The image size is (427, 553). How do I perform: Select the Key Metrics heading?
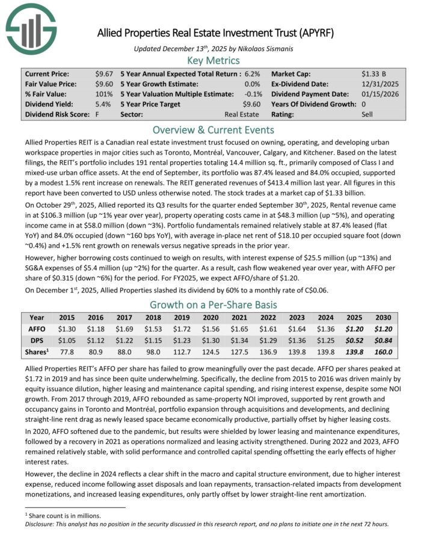(x=213, y=60)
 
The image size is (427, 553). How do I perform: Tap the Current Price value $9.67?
(x=103, y=73)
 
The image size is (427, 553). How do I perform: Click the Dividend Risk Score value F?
(x=109, y=114)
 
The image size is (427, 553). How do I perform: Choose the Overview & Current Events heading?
(x=213, y=130)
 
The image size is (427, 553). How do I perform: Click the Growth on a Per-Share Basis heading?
(x=213, y=304)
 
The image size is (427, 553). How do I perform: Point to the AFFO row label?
(x=36, y=329)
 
